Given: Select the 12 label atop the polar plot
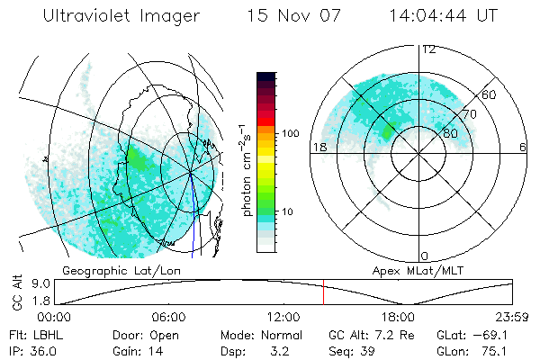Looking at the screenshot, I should click(x=428, y=49).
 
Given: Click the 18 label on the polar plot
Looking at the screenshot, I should click(x=318, y=147).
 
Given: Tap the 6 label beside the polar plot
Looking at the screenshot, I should click(x=523, y=147).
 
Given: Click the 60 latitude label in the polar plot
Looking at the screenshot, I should click(x=490, y=94).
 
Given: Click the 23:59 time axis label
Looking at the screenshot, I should click(x=511, y=317).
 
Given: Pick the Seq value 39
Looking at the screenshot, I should click(x=368, y=350).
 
